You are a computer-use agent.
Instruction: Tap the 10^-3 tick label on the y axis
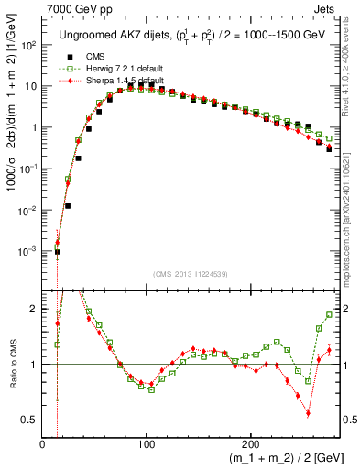pyautogui.click(x=27, y=251)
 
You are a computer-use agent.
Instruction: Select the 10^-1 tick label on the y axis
pyautogui.click(x=27, y=169)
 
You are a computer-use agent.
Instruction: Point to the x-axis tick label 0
pyautogui.click(x=43, y=445)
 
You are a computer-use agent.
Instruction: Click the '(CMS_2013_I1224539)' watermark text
pyautogui.click(x=190, y=274)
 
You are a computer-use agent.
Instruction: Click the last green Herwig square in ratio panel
pyautogui.click(x=329, y=313)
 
